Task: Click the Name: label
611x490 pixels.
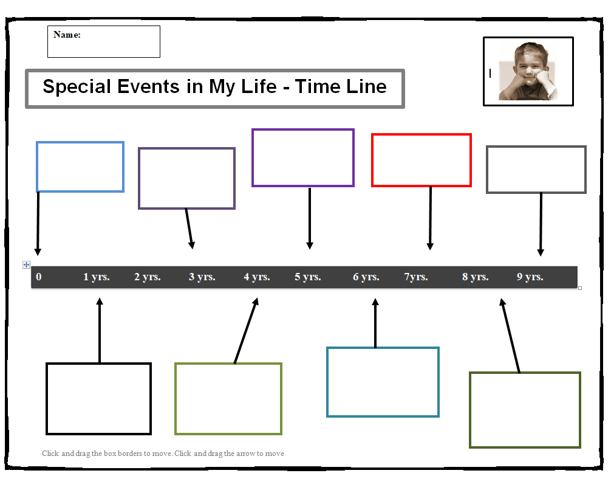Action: click(67, 35)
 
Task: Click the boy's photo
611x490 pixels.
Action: click(528, 71)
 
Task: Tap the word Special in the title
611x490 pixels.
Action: click(77, 86)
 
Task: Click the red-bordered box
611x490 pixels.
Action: click(422, 134)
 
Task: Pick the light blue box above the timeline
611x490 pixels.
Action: click(80, 142)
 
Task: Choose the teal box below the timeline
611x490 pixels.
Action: click(383, 348)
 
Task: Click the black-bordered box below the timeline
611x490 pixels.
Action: click(98, 364)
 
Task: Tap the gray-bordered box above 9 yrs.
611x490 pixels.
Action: click(536, 147)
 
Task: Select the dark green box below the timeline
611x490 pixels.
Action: click(525, 373)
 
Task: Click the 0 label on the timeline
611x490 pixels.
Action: click(39, 277)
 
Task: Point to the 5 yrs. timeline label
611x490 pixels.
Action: click(307, 277)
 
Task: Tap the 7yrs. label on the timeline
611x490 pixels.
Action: click(416, 277)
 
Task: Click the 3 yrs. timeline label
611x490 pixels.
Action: click(202, 277)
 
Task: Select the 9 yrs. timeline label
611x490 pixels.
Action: click(530, 277)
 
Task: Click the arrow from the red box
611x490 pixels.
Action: click(430, 218)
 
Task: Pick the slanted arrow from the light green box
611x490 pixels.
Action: click(246, 331)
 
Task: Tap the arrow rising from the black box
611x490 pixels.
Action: click(100, 331)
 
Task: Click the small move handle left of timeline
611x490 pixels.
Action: click(26, 265)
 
